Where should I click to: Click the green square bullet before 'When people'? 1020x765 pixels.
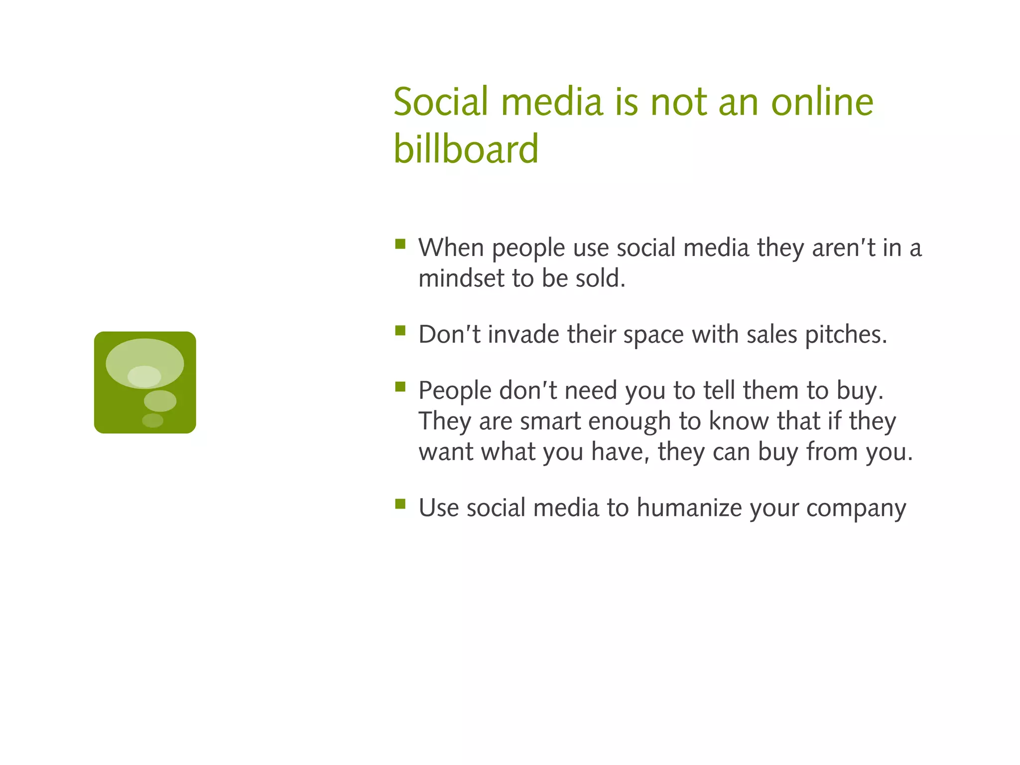pos(400,244)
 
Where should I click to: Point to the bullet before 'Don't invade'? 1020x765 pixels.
pos(400,331)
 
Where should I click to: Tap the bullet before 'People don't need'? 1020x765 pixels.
pos(400,387)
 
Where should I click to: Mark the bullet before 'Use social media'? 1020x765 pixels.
pos(400,504)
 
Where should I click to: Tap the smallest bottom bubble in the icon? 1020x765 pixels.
pos(152,420)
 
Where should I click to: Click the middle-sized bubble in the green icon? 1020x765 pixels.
pos(160,400)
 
